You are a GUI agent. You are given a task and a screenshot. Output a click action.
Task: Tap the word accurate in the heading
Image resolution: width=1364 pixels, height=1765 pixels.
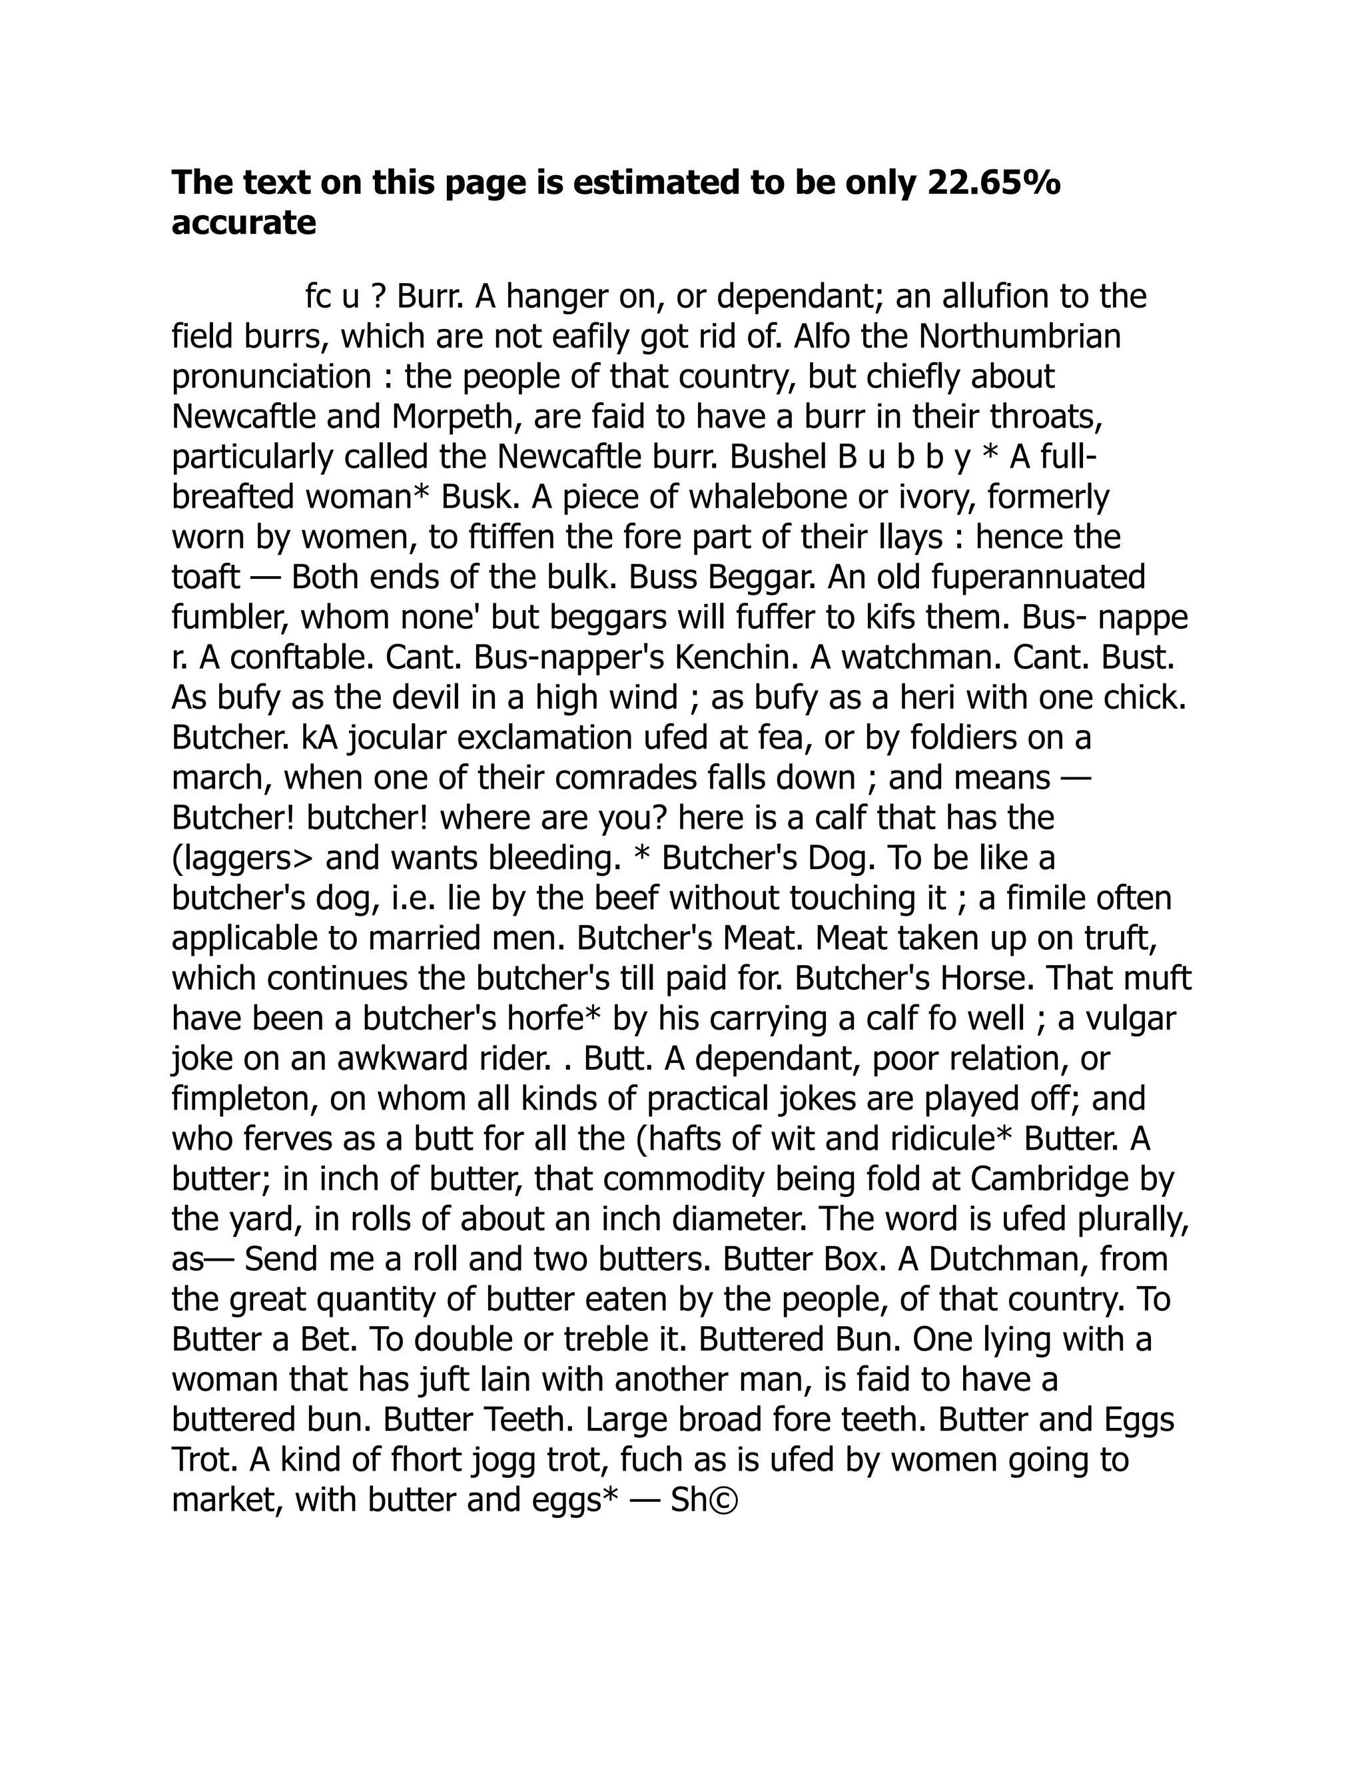click(x=243, y=223)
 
